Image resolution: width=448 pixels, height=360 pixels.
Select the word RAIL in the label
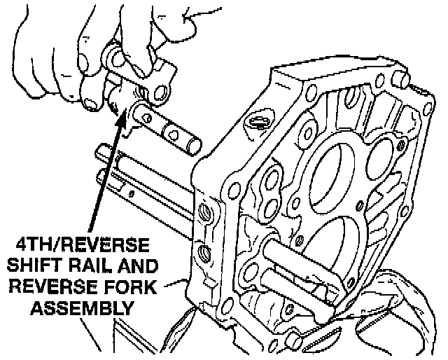tap(94, 267)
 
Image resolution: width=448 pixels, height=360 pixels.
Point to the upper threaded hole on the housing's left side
tap(204, 212)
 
